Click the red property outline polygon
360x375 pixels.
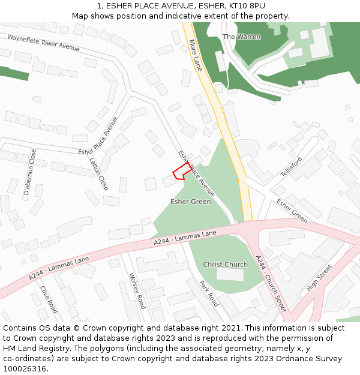pyautogui.click(x=182, y=172)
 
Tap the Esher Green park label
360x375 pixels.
pyautogui.click(x=190, y=202)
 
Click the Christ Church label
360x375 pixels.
pyautogui.click(x=225, y=265)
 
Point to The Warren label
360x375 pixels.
pyautogui.click(x=242, y=37)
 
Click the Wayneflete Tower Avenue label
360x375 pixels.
pyautogui.click(x=43, y=43)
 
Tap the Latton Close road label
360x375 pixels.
pyautogui.click(x=98, y=173)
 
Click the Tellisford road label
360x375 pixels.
pyautogui.click(x=292, y=166)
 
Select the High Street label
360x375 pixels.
pyautogui.click(x=319, y=278)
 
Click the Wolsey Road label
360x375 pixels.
pyautogui.click(x=137, y=290)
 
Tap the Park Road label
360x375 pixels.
pyautogui.click(x=209, y=293)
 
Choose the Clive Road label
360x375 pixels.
pyautogui.click(x=49, y=299)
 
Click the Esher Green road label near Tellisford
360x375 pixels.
pyautogui.click(x=292, y=211)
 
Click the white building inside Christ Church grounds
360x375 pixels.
pyautogui.click(x=231, y=274)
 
